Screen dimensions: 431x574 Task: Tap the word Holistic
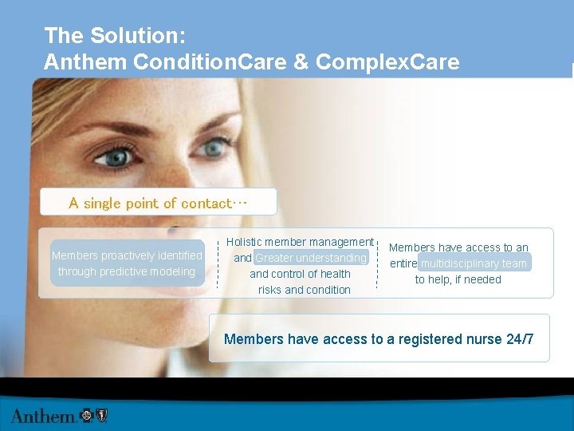click(x=246, y=242)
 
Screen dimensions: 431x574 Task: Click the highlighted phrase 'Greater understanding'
click(x=310, y=258)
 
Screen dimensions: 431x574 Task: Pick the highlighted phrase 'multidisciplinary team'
click(x=474, y=263)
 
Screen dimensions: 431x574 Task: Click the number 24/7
click(x=520, y=339)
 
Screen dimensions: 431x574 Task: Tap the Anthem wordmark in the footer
click(x=43, y=415)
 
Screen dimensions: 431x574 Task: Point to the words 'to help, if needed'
click(x=458, y=279)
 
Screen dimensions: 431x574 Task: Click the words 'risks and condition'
click(x=304, y=290)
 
